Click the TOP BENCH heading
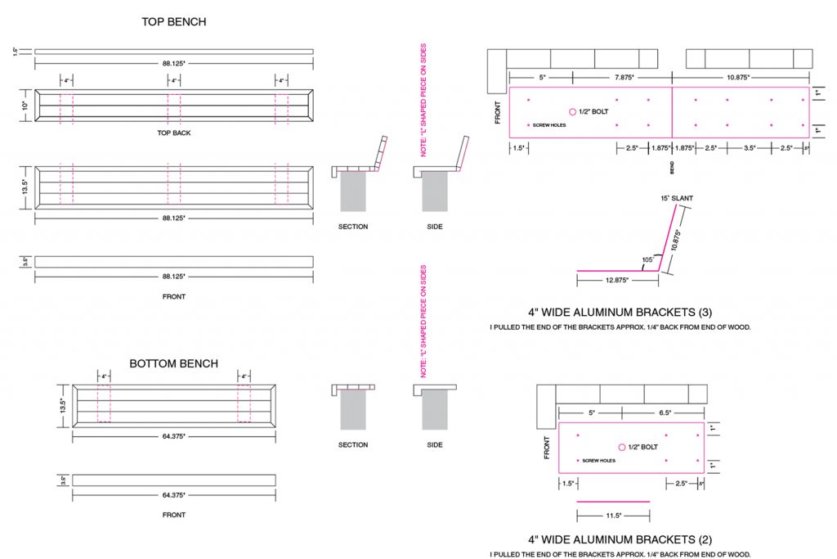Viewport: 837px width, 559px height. [x=173, y=22]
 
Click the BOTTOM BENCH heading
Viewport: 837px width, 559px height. [x=173, y=364]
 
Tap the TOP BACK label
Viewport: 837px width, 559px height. [x=173, y=133]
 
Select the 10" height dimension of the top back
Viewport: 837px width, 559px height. [x=25, y=106]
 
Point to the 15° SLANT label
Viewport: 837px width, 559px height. [x=677, y=198]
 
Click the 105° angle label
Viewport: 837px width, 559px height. [x=647, y=259]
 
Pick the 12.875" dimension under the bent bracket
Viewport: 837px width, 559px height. [x=617, y=280]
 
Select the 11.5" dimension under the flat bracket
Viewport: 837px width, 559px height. [x=613, y=516]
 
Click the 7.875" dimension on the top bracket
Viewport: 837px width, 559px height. [x=624, y=78]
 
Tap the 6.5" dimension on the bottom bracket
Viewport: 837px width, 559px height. [x=665, y=412]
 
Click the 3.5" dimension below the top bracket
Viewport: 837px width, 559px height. [x=750, y=148]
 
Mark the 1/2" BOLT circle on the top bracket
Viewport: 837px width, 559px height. [x=573, y=111]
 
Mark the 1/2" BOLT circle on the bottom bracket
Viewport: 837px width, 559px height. [x=622, y=447]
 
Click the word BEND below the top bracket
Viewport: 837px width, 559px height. [x=672, y=167]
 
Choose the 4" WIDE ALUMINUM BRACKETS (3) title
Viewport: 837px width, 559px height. [x=620, y=312]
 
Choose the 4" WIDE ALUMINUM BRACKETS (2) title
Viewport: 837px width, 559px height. [x=620, y=539]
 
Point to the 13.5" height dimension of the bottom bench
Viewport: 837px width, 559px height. [x=63, y=406]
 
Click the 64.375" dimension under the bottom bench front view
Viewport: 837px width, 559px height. [x=173, y=495]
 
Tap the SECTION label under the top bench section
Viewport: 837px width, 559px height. [x=353, y=227]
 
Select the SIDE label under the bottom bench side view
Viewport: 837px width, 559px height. [x=435, y=444]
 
